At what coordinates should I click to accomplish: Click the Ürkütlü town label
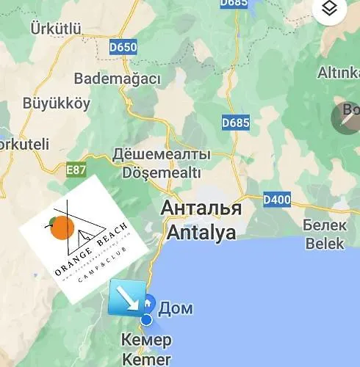[55, 29]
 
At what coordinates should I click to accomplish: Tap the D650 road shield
[123, 48]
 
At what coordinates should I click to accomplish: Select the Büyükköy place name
[57, 103]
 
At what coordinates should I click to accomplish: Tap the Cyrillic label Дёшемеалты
[161, 155]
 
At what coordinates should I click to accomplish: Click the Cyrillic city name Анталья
[202, 208]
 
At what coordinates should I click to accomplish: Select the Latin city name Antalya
[201, 233]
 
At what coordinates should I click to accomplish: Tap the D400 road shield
[277, 198]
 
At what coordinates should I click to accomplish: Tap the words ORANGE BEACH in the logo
[91, 247]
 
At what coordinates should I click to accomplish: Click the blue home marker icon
[148, 302]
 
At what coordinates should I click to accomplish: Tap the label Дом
[176, 308]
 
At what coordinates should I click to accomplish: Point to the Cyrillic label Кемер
[148, 341]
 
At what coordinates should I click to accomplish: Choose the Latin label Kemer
[148, 359]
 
